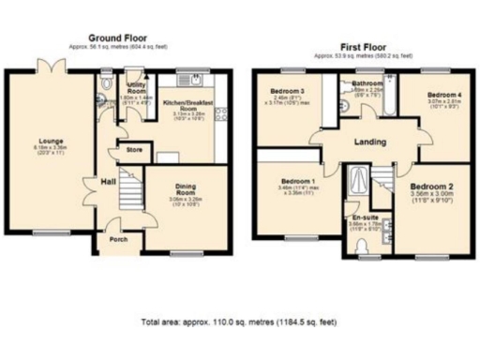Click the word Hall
[108, 180]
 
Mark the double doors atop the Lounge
[48, 67]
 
